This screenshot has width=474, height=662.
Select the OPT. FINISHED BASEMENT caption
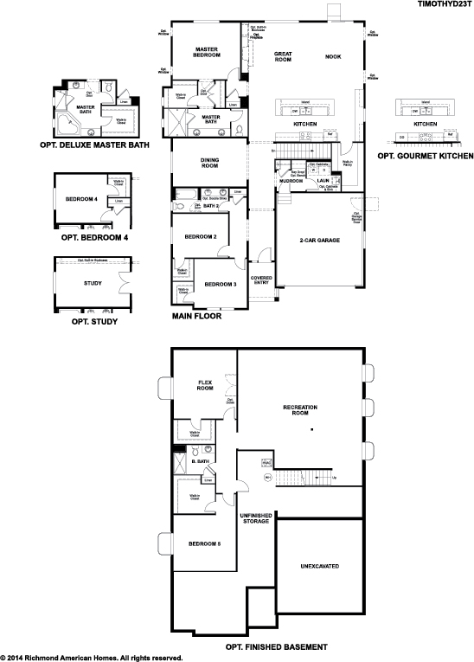pos(276,646)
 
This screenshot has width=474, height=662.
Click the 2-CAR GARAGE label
pos(316,240)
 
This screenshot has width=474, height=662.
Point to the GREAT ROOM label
pos(282,57)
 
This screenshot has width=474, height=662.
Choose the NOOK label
pos(333,57)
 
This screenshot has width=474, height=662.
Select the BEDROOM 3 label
pos(220,284)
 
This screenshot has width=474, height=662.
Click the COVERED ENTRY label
pos(261,280)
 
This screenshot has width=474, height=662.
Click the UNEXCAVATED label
pos(320,566)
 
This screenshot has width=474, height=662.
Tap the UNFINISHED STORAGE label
pos(256,517)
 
